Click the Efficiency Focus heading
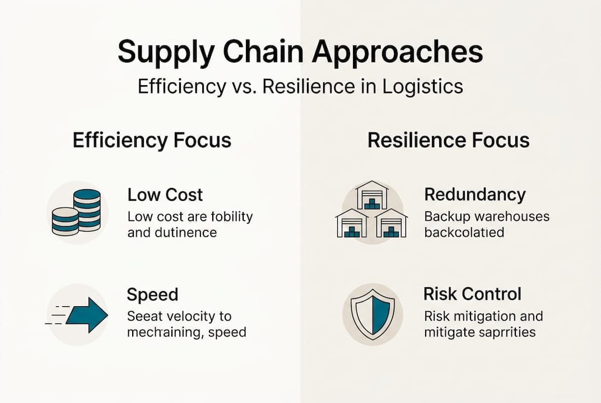coord(152,140)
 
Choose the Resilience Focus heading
coord(448,140)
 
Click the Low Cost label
coord(165,195)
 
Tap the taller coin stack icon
coord(87,209)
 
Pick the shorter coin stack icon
coord(65,221)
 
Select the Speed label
coord(152,294)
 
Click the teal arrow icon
coord(86,315)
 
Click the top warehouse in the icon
coord(372,195)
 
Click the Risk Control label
coord(472,294)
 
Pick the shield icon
coord(372,315)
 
